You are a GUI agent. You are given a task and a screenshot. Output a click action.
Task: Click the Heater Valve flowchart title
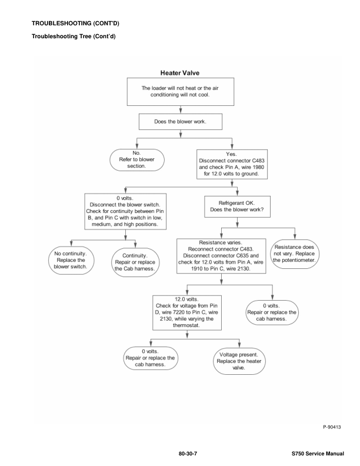pyautogui.click(x=181, y=73)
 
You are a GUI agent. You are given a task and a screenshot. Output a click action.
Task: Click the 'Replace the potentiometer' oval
pyautogui.click(x=294, y=251)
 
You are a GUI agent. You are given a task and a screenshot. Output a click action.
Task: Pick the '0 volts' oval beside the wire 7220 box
pyautogui.click(x=272, y=311)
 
